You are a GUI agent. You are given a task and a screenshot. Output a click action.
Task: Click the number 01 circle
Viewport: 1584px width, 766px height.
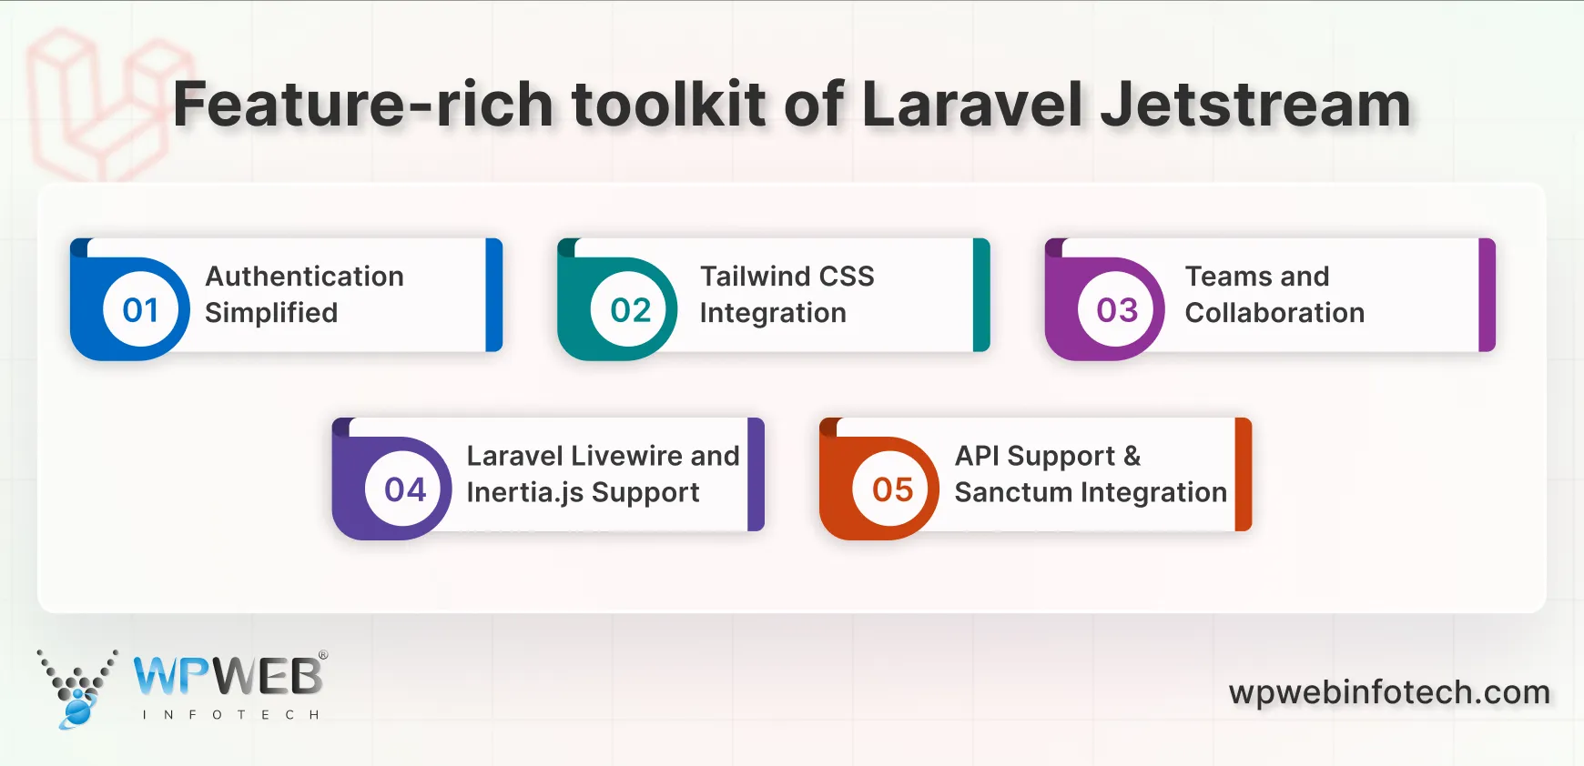pos(141,310)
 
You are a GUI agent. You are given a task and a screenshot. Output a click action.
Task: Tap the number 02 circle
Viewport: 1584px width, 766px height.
pos(630,310)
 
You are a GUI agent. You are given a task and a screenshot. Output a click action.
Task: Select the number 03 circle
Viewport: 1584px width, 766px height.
pos(1117,310)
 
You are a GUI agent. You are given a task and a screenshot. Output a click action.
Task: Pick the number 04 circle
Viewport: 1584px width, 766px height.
pos(405,489)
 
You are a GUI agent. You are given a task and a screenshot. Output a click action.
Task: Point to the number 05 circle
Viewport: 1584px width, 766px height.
pos(892,489)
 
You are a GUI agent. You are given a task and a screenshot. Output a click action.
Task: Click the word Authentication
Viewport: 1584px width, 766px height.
pos(304,276)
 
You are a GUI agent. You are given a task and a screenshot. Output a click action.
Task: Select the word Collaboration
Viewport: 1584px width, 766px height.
pos(1274,312)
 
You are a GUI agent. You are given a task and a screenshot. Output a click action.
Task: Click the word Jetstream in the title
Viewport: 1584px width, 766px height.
pos(1255,104)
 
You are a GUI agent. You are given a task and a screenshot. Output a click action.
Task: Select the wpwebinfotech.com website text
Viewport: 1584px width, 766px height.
pos(1389,692)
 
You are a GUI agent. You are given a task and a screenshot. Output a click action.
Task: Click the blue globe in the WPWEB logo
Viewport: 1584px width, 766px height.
pos(78,711)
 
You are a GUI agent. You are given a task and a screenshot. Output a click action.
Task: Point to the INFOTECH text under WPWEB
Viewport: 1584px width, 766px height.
pos(230,715)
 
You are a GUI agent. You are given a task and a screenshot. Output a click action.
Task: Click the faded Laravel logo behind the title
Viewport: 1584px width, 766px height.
pos(100,105)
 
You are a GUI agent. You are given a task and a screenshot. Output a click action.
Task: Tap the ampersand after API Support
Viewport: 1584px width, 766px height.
pos(1132,455)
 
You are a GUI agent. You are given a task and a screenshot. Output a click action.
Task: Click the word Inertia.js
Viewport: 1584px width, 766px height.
pos(523,492)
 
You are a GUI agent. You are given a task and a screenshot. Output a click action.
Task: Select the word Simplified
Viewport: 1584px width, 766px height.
pos(271,312)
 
